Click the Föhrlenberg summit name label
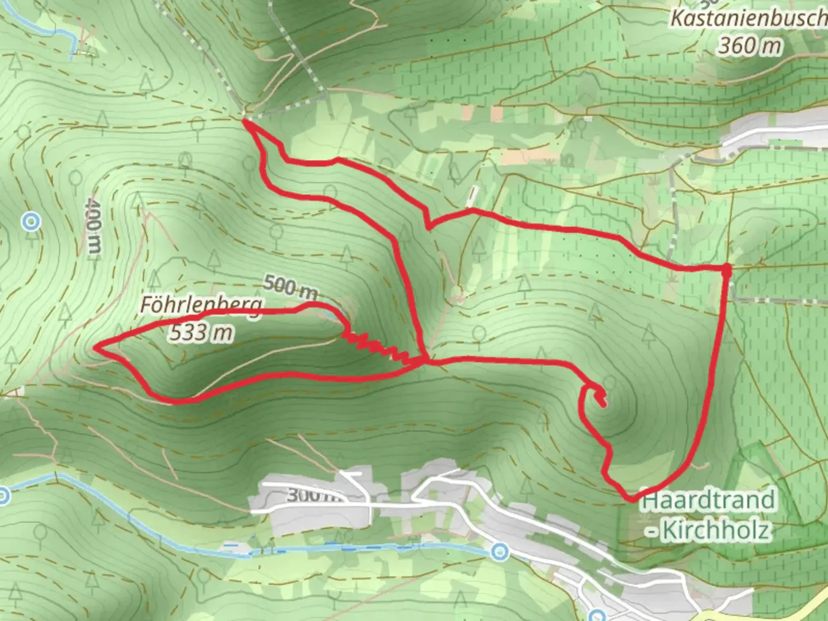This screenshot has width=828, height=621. (x=202, y=305)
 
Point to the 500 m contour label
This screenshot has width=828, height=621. (x=290, y=286)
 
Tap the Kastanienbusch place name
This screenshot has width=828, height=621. (x=747, y=18)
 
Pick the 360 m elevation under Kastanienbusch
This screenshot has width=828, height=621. (x=749, y=45)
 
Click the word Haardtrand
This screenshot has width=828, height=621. (x=708, y=500)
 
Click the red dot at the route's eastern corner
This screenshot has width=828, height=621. (x=726, y=269)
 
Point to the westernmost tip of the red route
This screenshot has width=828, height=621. (x=96, y=347)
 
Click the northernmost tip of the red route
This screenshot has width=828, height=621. (x=244, y=121)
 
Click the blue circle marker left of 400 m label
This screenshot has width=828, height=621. (x=31, y=221)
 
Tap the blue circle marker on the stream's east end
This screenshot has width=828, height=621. (x=500, y=552)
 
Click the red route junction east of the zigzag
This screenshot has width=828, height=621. (x=426, y=361)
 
